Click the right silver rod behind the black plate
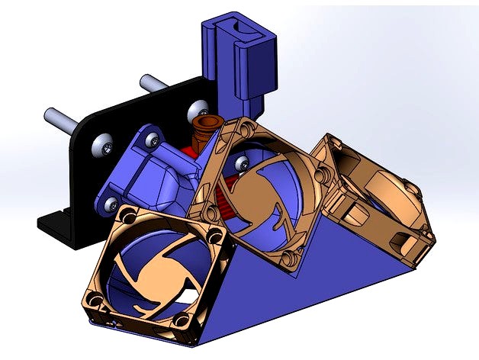pyautogui.click(x=153, y=79)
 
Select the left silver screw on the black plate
pyautogui.click(x=101, y=146)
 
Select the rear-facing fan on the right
pyautogui.click(x=374, y=202)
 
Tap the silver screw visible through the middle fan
pyautogui.click(x=243, y=161)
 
